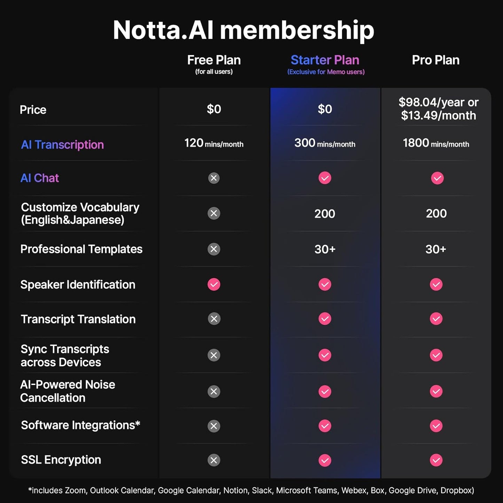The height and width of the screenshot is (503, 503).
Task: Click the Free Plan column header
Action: click(214, 60)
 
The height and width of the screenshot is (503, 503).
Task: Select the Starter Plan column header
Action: click(325, 60)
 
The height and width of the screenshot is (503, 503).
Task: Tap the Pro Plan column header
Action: click(435, 60)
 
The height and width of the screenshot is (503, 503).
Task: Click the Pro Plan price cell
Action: click(438, 109)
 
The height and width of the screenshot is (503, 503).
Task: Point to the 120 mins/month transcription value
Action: click(214, 143)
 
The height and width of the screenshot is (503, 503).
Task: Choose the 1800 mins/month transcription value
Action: click(436, 143)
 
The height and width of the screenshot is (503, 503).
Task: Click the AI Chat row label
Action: click(40, 178)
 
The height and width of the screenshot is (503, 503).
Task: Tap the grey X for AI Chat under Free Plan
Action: click(214, 178)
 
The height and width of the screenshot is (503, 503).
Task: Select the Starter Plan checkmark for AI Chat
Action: click(325, 178)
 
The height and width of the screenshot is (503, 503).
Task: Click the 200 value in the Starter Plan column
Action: click(325, 214)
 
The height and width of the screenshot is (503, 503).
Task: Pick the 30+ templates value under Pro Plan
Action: click(436, 249)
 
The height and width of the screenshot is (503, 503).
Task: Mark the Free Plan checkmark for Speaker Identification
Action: click(214, 284)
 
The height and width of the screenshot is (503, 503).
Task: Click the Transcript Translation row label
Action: click(78, 319)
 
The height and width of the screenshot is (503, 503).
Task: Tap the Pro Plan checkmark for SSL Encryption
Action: click(436, 460)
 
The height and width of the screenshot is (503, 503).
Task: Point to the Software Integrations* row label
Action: click(80, 425)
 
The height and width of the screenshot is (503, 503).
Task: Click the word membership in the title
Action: click(297, 31)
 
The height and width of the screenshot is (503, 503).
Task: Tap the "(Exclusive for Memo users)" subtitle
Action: click(326, 72)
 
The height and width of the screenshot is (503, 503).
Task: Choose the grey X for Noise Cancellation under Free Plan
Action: click(214, 392)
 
